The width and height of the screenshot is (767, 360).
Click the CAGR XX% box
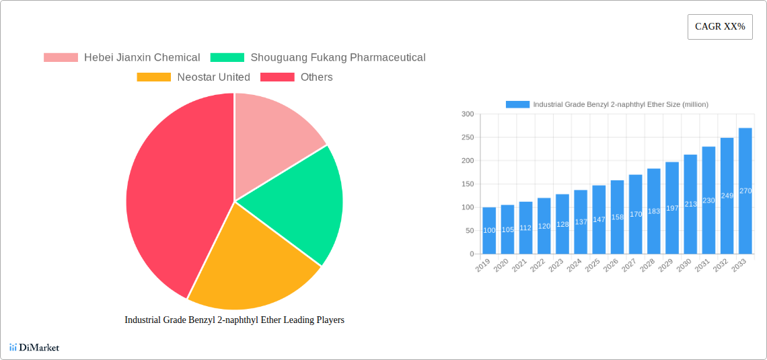click(719, 27)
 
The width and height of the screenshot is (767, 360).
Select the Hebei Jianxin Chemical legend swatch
click(61, 58)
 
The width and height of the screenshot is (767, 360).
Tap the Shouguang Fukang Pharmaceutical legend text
click(338, 58)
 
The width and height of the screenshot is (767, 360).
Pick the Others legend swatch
click(277, 77)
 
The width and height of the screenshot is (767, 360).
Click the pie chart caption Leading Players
click(234, 320)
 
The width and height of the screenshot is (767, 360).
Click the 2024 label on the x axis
click(573, 266)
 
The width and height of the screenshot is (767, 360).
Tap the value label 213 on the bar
click(690, 204)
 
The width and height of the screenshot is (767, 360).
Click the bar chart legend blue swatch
click(517, 104)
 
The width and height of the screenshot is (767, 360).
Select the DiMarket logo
click(34, 347)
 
